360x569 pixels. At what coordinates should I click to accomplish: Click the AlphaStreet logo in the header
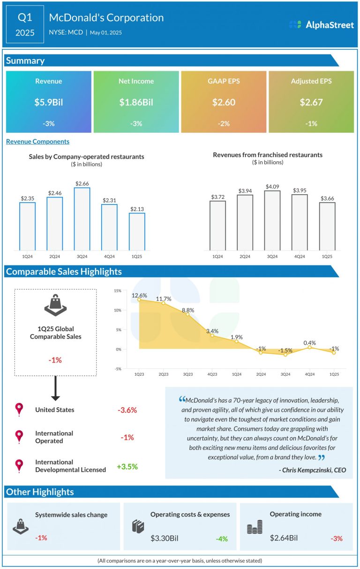click(x=322, y=25)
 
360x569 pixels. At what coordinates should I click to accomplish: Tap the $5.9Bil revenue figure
click(x=48, y=102)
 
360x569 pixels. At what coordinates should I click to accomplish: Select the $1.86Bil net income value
click(x=136, y=102)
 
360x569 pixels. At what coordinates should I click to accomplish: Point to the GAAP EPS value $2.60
click(x=224, y=102)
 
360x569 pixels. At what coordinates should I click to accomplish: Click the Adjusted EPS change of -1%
click(x=311, y=124)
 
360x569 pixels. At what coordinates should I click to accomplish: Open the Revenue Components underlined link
click(x=37, y=141)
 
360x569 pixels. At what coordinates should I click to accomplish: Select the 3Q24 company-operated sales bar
click(x=82, y=219)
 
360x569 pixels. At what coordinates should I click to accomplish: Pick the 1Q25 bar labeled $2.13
click(x=137, y=232)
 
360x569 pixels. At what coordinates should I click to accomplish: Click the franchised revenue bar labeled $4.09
click(x=272, y=220)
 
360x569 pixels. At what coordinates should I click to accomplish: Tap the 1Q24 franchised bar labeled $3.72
click(x=217, y=226)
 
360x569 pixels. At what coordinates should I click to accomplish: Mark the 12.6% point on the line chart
click(x=139, y=299)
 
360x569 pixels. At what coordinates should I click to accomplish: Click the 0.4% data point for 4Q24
click(x=309, y=347)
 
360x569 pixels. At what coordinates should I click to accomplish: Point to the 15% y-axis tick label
click(x=118, y=291)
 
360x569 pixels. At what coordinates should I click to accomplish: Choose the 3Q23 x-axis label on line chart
click(x=188, y=374)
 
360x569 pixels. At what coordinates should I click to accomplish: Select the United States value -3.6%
click(x=127, y=410)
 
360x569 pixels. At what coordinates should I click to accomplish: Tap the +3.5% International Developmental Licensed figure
click(x=127, y=467)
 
